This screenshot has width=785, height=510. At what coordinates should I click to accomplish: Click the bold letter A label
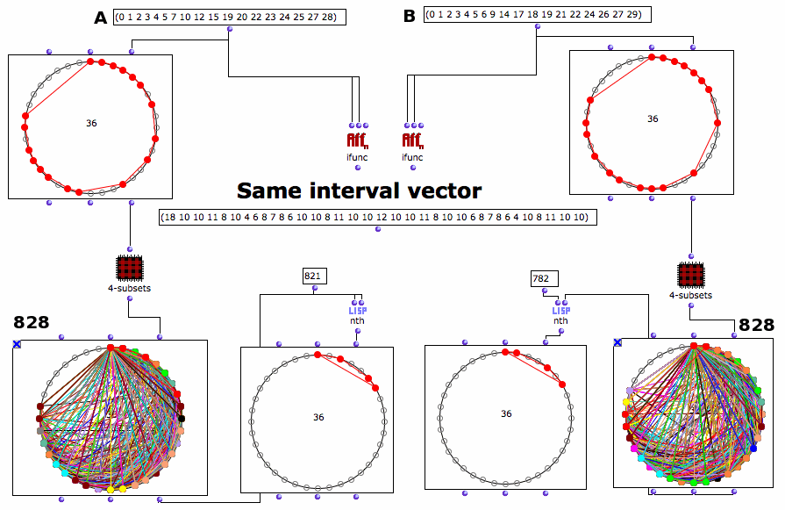click(101, 18)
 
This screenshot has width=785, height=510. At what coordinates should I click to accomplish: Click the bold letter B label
click(410, 16)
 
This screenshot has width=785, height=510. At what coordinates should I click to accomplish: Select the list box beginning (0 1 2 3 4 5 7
click(229, 17)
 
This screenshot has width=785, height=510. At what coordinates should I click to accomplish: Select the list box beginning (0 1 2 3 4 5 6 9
click(538, 15)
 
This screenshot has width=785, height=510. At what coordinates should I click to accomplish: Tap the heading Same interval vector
click(359, 190)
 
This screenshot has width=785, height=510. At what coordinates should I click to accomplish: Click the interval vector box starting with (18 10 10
click(377, 218)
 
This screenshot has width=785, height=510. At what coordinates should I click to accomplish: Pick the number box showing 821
click(314, 276)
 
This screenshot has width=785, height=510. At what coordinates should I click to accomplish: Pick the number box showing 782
click(544, 278)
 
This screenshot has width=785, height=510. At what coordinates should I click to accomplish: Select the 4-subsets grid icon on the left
click(130, 268)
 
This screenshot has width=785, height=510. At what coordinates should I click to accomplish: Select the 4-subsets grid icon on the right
click(691, 275)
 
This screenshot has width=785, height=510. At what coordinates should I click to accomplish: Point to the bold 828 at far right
click(756, 325)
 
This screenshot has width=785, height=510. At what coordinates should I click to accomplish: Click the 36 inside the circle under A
click(91, 123)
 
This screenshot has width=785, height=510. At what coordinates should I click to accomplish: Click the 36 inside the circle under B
click(653, 119)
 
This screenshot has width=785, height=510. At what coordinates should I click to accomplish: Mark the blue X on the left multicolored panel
click(17, 344)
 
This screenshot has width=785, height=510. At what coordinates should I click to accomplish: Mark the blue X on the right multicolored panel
click(617, 342)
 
